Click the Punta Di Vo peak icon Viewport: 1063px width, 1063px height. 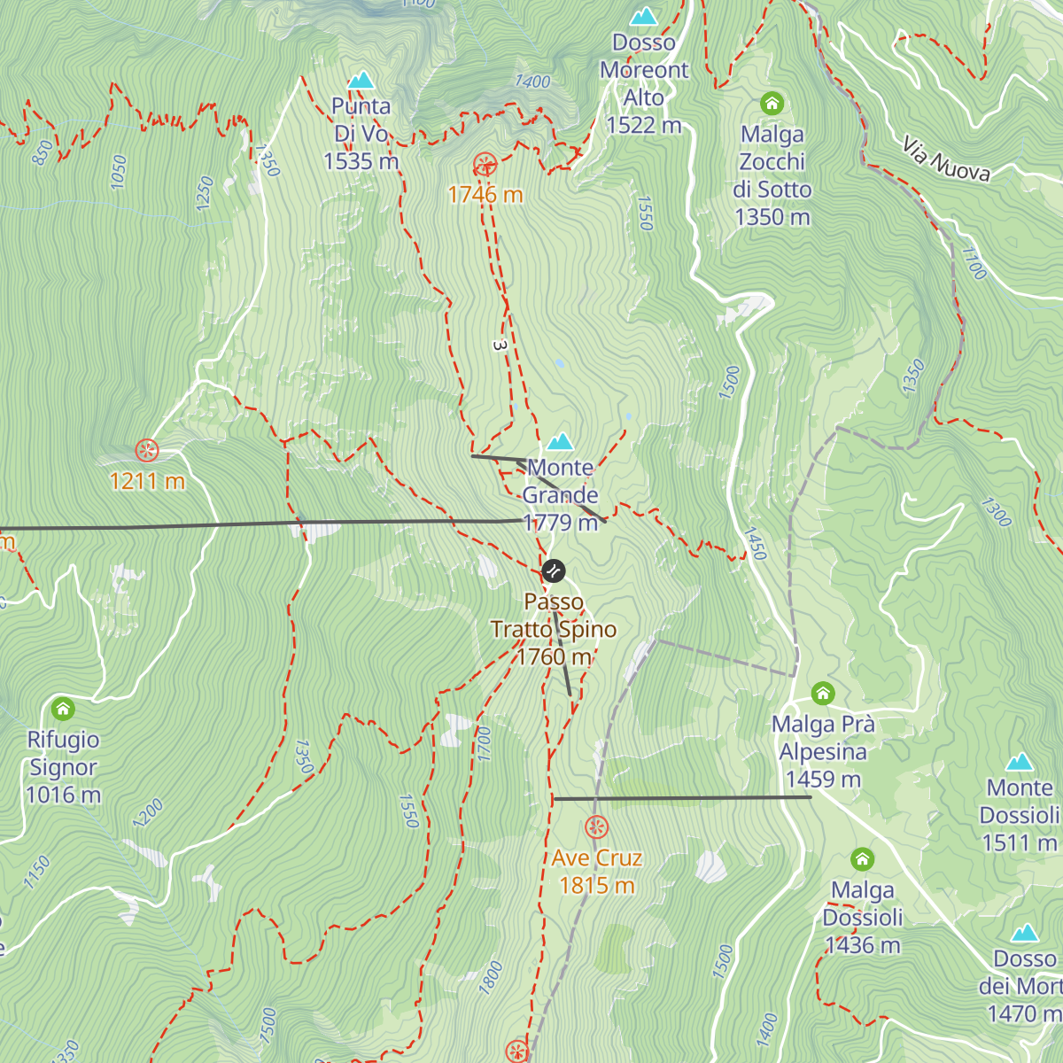click(361, 81)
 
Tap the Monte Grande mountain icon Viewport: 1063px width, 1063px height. click(560, 441)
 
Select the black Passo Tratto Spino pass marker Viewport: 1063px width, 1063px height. click(554, 570)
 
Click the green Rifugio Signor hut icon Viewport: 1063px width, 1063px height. click(63, 709)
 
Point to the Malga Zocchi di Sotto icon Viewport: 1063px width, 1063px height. click(772, 104)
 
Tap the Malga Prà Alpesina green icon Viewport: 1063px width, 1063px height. click(823, 694)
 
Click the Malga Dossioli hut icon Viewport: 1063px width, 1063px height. click(862, 859)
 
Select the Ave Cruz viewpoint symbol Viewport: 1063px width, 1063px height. click(597, 827)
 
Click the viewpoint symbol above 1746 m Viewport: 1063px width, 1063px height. click(485, 165)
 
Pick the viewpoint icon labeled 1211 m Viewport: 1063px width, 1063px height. click(147, 451)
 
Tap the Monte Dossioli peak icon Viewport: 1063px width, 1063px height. click(1020, 763)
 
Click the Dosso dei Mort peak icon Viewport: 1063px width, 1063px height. click(1025, 933)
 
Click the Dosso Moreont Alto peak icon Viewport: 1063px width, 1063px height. click(644, 17)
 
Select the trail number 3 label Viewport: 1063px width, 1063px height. click(499, 345)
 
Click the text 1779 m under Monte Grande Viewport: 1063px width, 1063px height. click(560, 523)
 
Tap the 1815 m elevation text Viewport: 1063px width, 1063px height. click(597, 885)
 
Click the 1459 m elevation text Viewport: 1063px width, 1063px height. click(823, 780)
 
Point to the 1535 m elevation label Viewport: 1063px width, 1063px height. click(361, 161)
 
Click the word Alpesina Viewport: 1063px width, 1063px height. click(823, 752)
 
